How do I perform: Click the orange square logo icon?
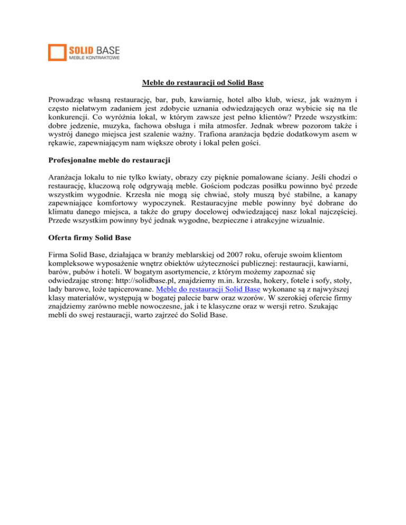tap(56, 52)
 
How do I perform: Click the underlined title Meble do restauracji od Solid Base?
tap(202, 82)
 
